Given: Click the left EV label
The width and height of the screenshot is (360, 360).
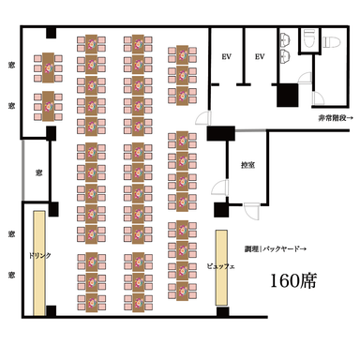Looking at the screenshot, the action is pyautogui.click(x=226, y=56).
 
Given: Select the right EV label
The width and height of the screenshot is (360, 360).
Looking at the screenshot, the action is pyautogui.click(x=261, y=56).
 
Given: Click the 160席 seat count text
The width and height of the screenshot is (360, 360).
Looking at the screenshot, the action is pyautogui.click(x=293, y=280).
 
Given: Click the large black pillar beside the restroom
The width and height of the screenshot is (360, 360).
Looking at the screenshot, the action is pyautogui.click(x=286, y=96).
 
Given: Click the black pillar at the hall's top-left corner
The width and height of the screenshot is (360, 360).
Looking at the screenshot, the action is pyautogui.click(x=50, y=31).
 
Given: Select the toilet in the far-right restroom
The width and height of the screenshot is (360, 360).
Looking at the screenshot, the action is pyautogui.click(x=328, y=41).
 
